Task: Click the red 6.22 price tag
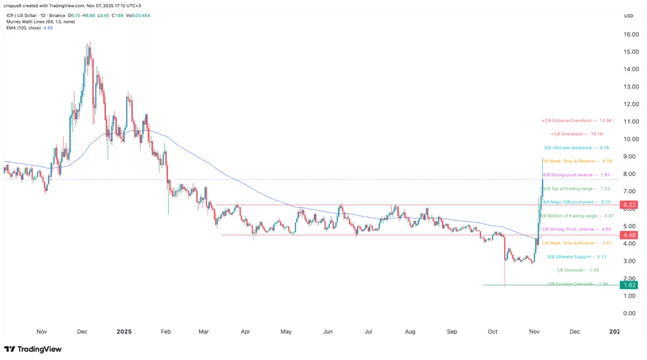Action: tap(628, 205)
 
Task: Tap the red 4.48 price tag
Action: tap(628, 235)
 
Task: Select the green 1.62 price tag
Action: tap(628, 285)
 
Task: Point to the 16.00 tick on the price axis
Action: tap(630, 35)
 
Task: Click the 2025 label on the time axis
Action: tap(124, 330)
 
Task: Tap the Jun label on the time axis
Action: tap(327, 330)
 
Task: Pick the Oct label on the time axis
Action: tap(493, 330)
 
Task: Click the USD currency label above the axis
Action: tap(628, 16)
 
